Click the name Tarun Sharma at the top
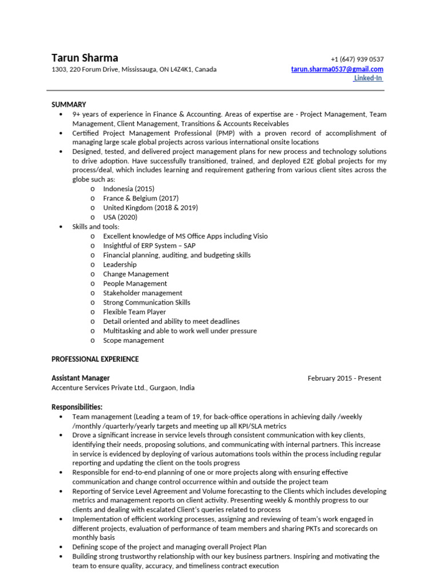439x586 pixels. [x=85, y=58]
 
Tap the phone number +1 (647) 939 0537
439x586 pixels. [x=357, y=60]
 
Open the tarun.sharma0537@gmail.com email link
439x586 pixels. [x=337, y=69]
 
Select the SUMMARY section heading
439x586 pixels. [x=69, y=105]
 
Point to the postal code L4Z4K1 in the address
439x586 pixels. [x=181, y=70]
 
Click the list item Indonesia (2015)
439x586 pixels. [x=129, y=189]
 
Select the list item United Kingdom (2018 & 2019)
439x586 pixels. [x=150, y=208]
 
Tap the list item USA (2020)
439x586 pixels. [x=120, y=217]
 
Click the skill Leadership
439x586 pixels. [x=119, y=265]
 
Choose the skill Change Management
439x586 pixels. [x=136, y=274]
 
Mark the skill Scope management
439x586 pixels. [x=133, y=340]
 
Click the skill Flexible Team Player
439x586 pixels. [x=134, y=312]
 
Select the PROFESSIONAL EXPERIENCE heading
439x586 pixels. [x=95, y=359]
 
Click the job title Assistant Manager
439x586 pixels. [x=81, y=378]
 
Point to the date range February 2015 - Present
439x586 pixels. [x=344, y=378]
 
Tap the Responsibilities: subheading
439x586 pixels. [x=77, y=407]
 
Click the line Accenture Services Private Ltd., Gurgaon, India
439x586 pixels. [x=123, y=388]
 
